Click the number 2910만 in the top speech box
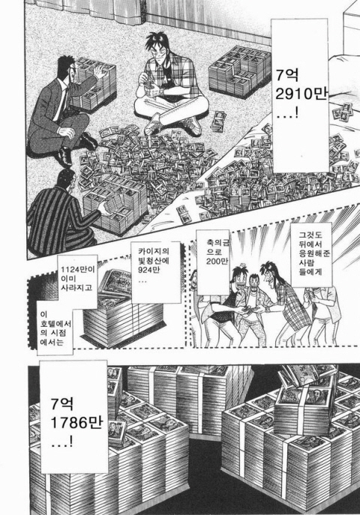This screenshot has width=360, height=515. [x=301, y=94]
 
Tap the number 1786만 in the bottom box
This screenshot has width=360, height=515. [x=76, y=423]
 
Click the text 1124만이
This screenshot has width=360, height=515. [x=78, y=270]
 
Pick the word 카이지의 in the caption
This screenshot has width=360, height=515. [x=154, y=252]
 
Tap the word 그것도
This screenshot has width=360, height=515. [x=310, y=235]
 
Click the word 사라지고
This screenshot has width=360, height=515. [x=76, y=288]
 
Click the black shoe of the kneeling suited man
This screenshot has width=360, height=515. [x=64, y=157]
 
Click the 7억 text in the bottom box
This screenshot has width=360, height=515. [x=62, y=404]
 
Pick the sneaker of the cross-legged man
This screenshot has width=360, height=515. [x=193, y=126]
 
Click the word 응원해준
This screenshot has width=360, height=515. [x=310, y=253]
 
